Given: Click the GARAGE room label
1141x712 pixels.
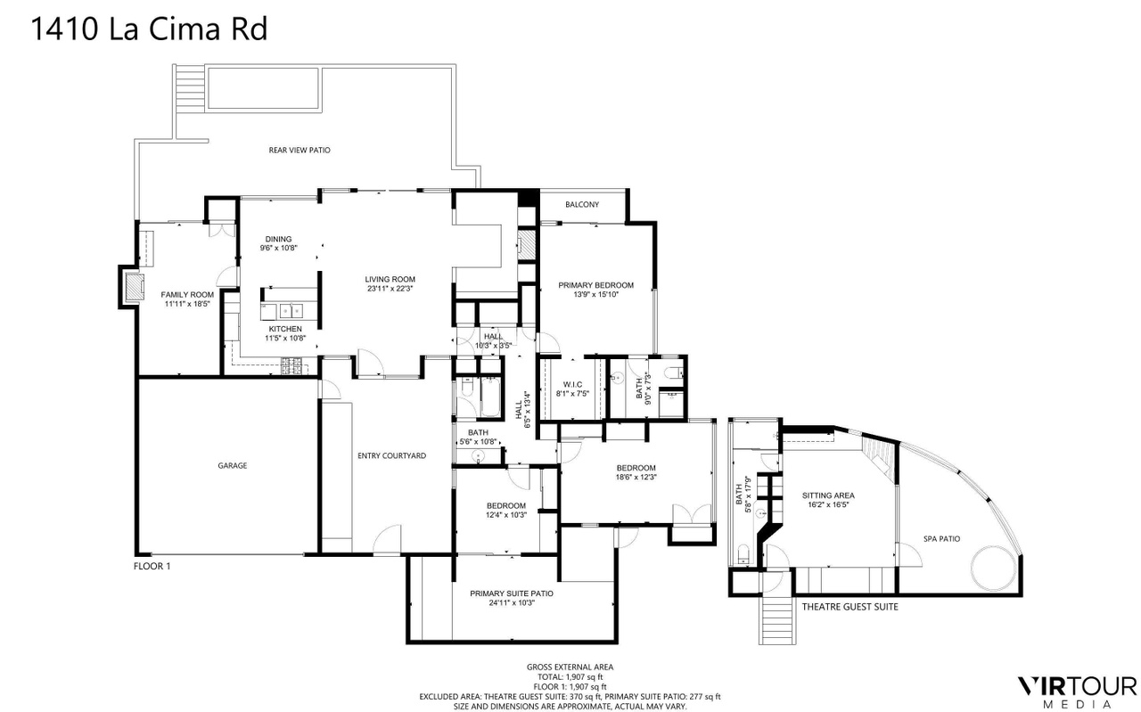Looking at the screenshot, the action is coord(233,465).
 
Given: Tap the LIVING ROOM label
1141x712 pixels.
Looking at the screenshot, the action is coord(390,279).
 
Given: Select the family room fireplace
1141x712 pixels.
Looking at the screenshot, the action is coord(135,286).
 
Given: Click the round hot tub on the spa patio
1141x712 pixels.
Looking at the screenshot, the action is coord(993,569).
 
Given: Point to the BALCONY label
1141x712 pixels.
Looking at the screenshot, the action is coord(582,205).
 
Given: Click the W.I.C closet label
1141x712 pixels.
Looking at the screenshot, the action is coord(572,385).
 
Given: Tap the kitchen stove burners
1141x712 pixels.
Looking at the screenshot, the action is coord(291,366).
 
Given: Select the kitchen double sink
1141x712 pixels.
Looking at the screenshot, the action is coord(291,311).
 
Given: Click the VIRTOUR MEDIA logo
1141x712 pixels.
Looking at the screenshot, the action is coord(1076,692).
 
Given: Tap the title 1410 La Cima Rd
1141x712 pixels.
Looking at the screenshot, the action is coord(149,29).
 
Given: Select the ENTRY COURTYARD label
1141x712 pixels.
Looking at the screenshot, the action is coord(391,456).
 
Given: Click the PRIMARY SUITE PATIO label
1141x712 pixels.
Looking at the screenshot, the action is coord(512,593).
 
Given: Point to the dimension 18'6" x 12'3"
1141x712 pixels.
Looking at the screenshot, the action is coord(636,478).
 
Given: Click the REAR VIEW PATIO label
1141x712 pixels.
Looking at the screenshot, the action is coord(300,151).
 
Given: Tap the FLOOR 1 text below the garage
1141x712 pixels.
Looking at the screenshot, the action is coord(152,567).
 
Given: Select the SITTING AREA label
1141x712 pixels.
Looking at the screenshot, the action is coord(828,495).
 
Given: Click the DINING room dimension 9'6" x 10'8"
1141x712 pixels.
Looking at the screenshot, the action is coord(279,248).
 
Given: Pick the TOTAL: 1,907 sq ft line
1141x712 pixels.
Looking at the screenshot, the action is coord(570,677).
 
